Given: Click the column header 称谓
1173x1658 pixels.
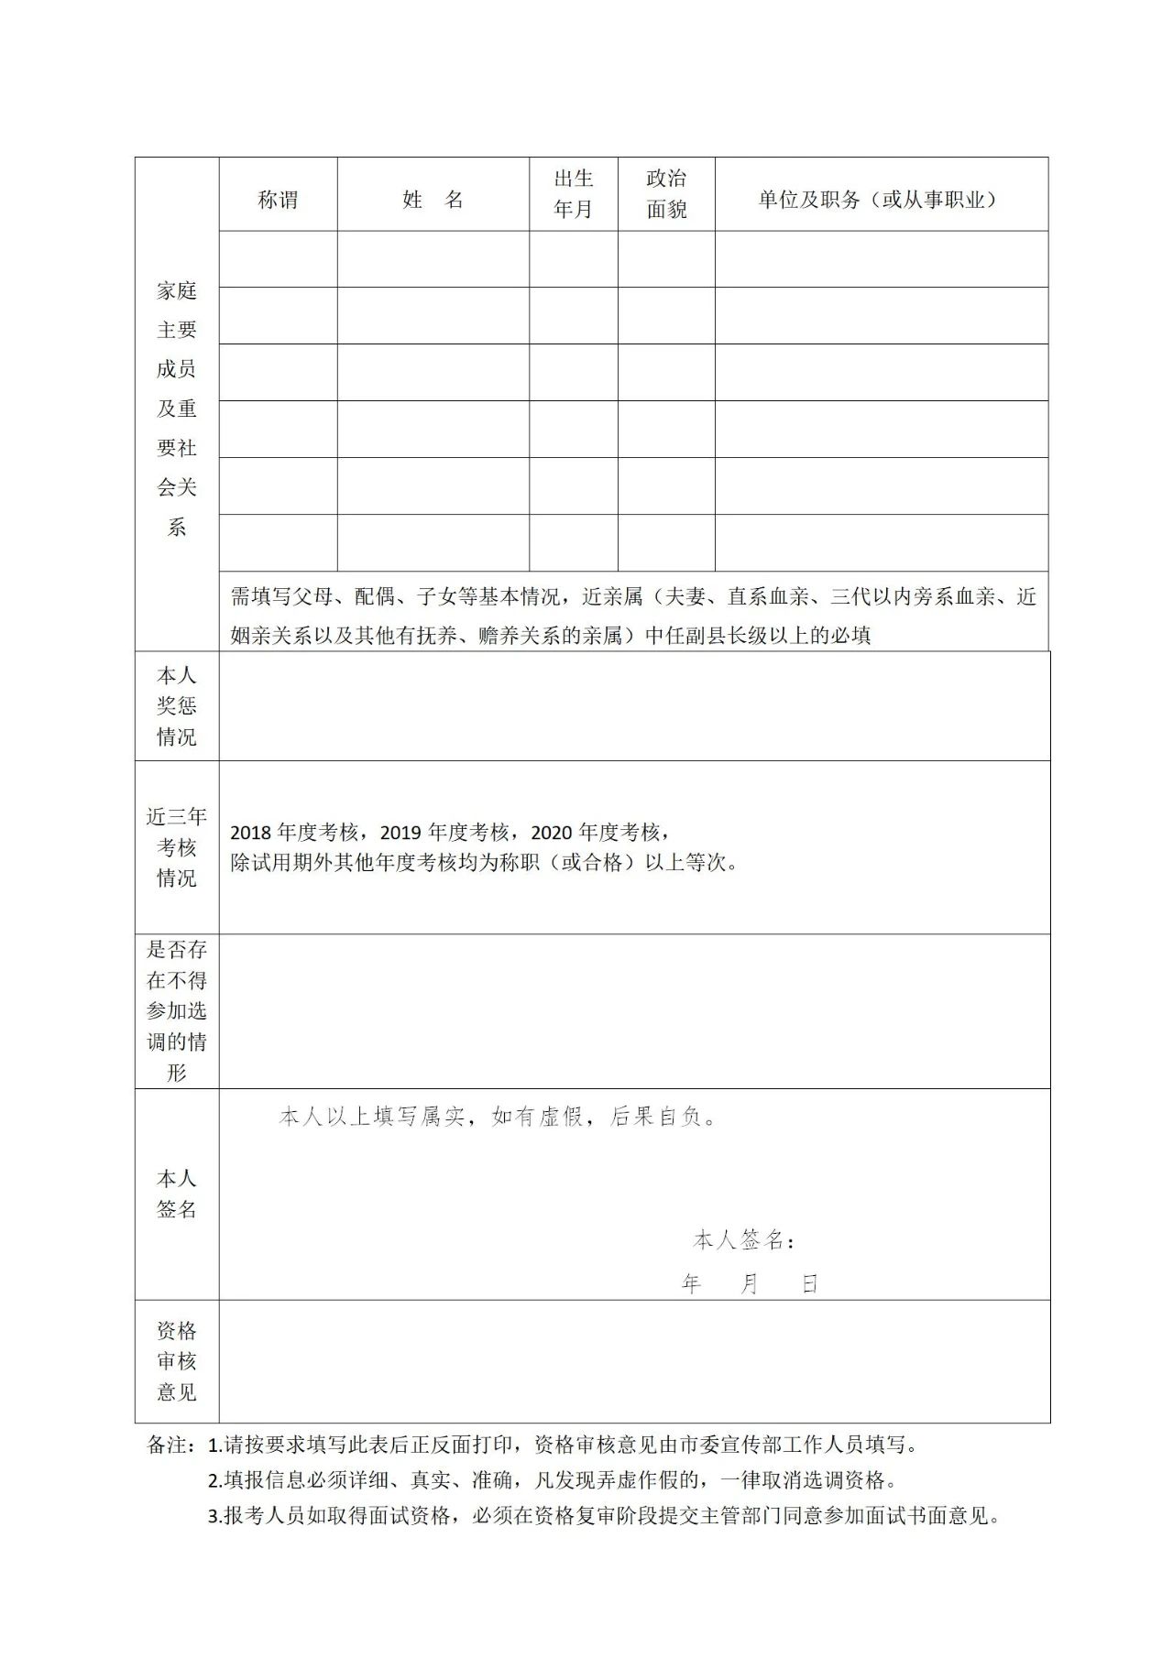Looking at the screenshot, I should pyautogui.click(x=278, y=200).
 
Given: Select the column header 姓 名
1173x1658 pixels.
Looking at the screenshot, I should pyautogui.click(x=433, y=200).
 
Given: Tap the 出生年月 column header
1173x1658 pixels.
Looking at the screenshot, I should pyautogui.click(x=573, y=193).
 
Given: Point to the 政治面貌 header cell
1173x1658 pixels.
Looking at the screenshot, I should pyautogui.click(x=666, y=193).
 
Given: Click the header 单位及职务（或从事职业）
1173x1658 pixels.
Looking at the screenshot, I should pyautogui.click(x=881, y=200).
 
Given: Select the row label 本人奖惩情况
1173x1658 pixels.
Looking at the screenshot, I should pyautogui.click(x=177, y=706).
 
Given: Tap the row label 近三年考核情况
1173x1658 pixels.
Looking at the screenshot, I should pyautogui.click(x=177, y=847).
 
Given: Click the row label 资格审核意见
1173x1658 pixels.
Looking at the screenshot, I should pyautogui.click(x=177, y=1361).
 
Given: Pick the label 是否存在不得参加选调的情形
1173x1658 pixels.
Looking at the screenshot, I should pyautogui.click(x=177, y=1011).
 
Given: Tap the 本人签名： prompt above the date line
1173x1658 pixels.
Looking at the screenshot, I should pyautogui.click(x=743, y=1240).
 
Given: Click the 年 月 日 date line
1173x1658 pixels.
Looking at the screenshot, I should pyautogui.click(x=749, y=1284).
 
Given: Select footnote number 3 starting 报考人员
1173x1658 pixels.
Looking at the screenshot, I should pyautogui.click(x=605, y=1516).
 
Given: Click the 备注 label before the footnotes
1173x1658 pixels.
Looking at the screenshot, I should pyautogui.click(x=170, y=1445).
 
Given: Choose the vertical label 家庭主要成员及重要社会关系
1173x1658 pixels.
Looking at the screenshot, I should pyautogui.click(x=177, y=409).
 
